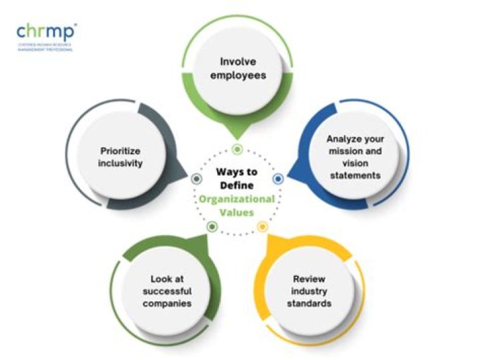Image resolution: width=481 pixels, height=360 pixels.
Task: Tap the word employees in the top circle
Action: point(238,75)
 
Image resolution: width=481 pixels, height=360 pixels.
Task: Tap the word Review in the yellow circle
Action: point(309,278)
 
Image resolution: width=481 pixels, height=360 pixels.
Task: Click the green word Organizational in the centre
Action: point(235,199)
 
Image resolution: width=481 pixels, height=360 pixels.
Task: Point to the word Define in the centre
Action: point(236,185)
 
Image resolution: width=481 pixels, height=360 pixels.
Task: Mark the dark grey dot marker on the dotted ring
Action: point(196,179)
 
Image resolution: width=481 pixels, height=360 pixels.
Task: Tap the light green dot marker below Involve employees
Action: point(236,149)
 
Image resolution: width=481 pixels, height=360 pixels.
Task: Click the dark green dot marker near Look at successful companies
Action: point(212,227)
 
